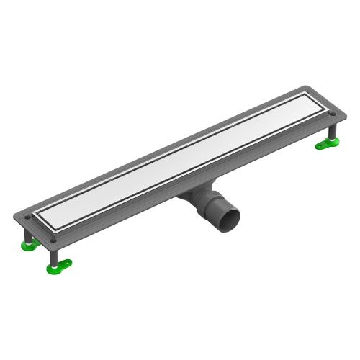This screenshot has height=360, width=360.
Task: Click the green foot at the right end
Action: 327,146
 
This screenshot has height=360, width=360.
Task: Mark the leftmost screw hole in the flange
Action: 29,214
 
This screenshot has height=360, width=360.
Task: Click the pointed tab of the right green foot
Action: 318,148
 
